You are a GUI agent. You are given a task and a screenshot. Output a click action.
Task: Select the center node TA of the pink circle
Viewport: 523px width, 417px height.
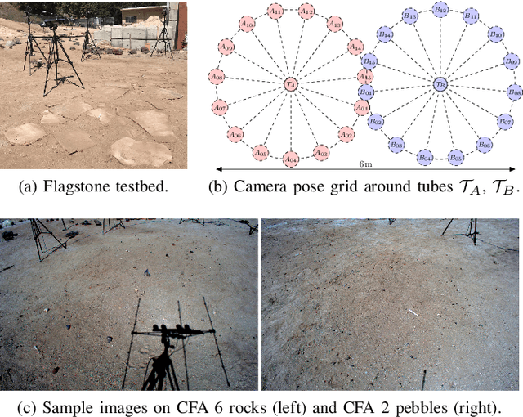(290, 83)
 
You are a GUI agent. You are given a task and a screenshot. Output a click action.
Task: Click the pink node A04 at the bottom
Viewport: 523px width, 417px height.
(289, 158)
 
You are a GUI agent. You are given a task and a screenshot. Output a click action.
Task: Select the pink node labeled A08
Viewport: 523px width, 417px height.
(217, 77)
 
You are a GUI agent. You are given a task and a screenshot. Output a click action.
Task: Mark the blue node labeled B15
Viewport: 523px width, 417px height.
(369, 61)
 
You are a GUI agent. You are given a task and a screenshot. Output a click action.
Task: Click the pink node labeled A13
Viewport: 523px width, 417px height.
(335, 25)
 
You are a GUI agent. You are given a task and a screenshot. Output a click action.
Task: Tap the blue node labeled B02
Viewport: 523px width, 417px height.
(376, 121)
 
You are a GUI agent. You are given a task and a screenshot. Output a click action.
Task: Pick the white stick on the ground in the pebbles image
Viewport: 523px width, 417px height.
(413, 312)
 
